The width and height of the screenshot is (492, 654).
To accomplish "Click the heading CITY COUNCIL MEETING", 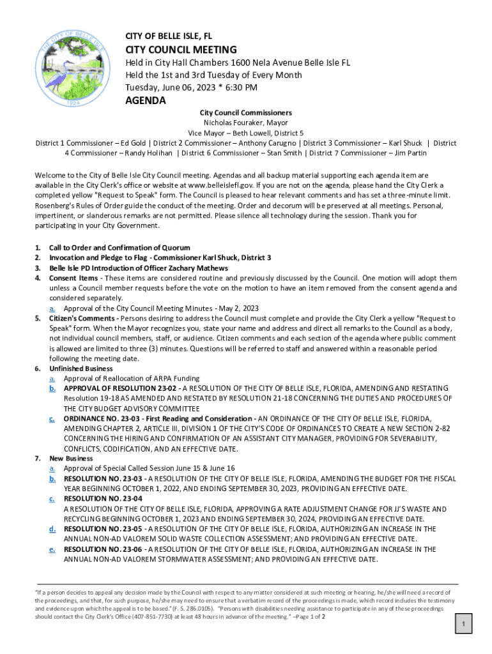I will tap(181, 50).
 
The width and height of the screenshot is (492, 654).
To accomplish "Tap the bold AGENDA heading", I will tap(145, 101).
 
